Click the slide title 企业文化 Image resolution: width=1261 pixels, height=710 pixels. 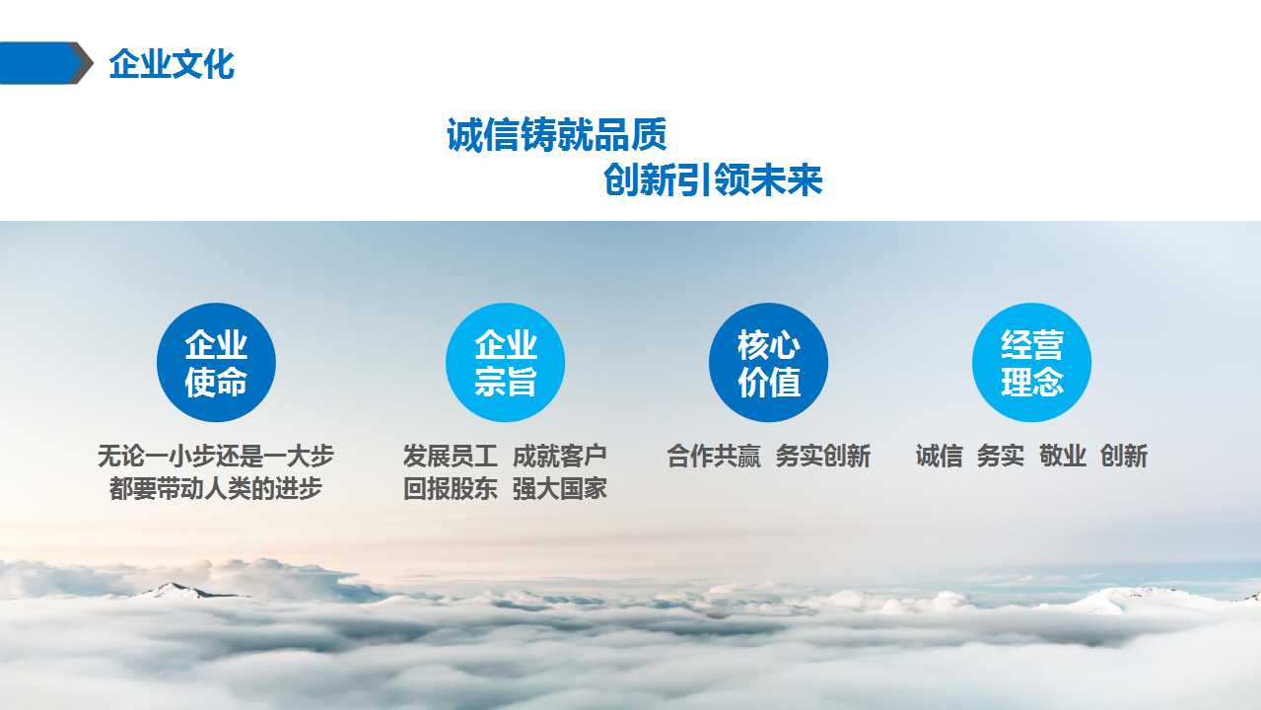coord(172,64)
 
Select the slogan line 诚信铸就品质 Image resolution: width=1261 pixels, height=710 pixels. coord(556,134)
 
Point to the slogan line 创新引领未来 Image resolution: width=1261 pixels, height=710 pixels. coord(713,180)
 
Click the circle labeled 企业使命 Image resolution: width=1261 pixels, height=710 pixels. coord(216,363)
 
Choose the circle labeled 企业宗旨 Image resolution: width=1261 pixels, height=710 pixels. coord(505,363)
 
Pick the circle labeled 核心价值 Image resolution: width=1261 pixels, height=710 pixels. coord(768,363)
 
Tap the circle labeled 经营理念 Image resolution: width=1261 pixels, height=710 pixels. coord(1031,363)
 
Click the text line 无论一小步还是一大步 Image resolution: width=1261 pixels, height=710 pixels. coord(216,456)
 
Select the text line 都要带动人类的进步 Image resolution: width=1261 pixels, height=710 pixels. coord(216,488)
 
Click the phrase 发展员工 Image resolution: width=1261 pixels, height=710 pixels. coord(451,456)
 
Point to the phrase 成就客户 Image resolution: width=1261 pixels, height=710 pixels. coord(560,456)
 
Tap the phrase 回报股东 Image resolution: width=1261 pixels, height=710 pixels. coord(451,488)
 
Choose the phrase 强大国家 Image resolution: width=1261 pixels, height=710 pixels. coord(560,488)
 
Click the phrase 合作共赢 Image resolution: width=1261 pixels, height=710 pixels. coord(713,456)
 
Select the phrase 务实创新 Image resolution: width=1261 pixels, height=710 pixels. coord(823,456)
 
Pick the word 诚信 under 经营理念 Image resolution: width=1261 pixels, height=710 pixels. coord(939,456)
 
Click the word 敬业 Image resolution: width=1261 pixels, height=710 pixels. coord(1062,456)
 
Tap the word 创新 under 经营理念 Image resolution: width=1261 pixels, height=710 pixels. coord(1124,456)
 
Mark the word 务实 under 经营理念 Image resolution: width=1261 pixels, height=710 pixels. coord(1001,456)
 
